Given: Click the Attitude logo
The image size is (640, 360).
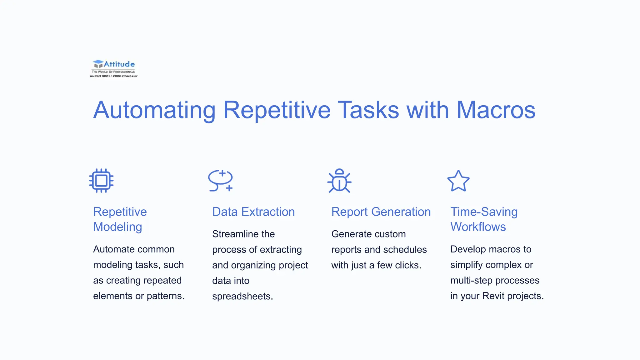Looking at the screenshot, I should (x=114, y=68).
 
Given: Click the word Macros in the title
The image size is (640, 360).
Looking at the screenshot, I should (x=496, y=110).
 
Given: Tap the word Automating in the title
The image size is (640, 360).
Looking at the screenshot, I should (x=154, y=110).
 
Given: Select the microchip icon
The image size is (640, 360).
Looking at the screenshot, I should (x=101, y=181).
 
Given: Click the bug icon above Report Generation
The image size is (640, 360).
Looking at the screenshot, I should (x=339, y=181).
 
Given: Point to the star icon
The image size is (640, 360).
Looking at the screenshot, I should (x=458, y=181).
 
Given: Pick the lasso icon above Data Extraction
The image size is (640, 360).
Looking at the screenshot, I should (x=221, y=181).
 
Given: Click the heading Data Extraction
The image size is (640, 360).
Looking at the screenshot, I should (x=253, y=212).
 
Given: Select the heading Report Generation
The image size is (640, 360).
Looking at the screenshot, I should (x=381, y=212).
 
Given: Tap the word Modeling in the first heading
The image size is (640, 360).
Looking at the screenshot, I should (x=117, y=227).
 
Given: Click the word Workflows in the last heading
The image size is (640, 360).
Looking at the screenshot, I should (x=478, y=227).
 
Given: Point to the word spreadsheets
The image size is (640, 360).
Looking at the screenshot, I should (x=242, y=296).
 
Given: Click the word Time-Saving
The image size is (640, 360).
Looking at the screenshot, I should (x=484, y=212).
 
